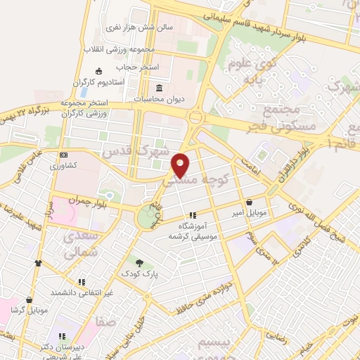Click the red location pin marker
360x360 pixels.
click(x=181, y=165)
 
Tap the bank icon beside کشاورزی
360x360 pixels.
click(x=64, y=155)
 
